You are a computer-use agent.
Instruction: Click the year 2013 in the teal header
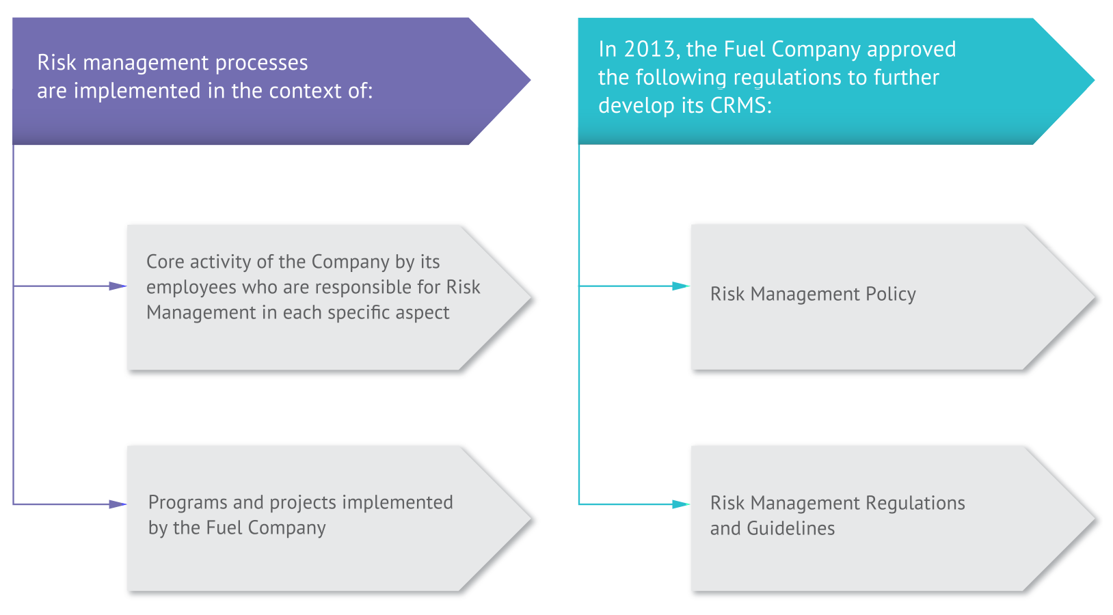point(649,49)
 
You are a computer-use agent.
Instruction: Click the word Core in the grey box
point(165,262)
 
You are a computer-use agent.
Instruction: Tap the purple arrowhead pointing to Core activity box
point(118,286)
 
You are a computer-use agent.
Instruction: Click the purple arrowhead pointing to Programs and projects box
point(118,504)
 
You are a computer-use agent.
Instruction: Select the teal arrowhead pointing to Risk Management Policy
point(681,286)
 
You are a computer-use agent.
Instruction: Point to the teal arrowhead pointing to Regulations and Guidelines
point(681,504)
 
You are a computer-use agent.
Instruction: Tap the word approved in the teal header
point(911,50)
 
